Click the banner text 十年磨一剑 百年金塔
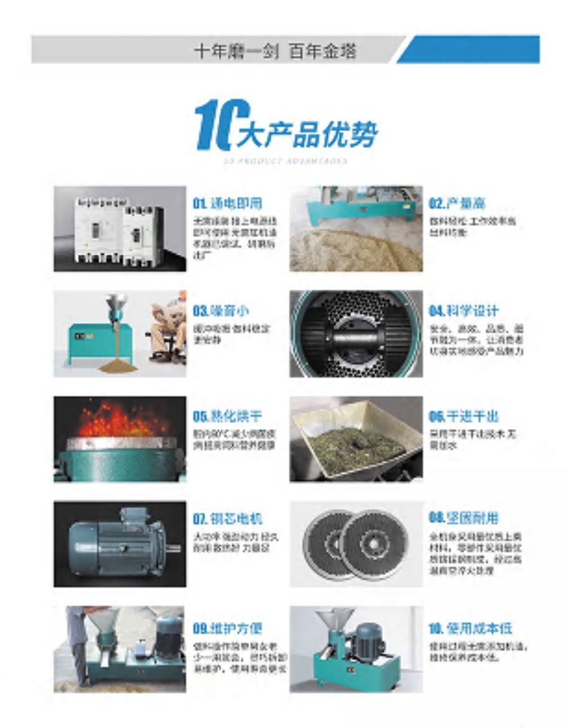click(275, 51)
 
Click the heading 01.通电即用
click(227, 203)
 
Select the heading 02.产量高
click(457, 203)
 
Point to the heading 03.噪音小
click(220, 311)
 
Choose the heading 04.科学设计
click(463, 311)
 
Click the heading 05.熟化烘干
click(227, 416)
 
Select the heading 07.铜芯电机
click(227, 519)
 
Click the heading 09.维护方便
click(227, 628)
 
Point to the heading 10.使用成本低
click(470, 628)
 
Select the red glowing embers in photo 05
click(118, 421)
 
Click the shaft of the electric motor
click(174, 548)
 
